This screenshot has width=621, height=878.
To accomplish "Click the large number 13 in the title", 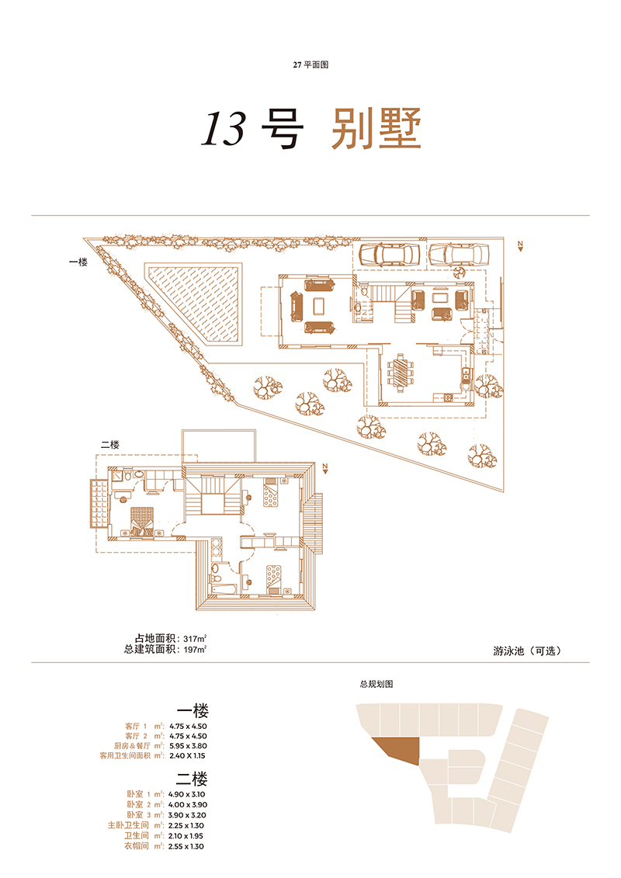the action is pos(224,129).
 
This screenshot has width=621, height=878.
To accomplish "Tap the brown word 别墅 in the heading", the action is pos(376,129).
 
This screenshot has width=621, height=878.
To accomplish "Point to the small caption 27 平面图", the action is pos(310,65).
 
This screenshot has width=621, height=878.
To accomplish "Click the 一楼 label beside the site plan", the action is pos(78,262).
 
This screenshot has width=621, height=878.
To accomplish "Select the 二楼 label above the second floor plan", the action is pos(109,445).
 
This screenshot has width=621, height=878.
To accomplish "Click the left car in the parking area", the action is pos(389,254).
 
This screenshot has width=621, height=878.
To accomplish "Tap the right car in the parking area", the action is pos(460,254).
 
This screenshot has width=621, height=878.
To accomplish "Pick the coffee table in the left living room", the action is pos(318,306).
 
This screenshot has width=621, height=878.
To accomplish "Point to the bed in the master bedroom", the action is pos(142,522).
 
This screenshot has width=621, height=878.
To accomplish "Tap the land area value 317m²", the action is pos(195,639).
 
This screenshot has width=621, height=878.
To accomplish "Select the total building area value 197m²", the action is pos(195,650).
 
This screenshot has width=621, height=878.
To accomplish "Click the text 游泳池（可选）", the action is pos(527,651).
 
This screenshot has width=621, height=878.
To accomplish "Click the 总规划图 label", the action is pos(376,684).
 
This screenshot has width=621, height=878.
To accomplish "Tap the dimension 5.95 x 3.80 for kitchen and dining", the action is pos(188,746).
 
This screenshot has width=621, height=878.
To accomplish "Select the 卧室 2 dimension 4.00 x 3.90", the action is pos(188,805).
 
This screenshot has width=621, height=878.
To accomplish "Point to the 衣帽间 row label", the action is pos(137,846).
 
